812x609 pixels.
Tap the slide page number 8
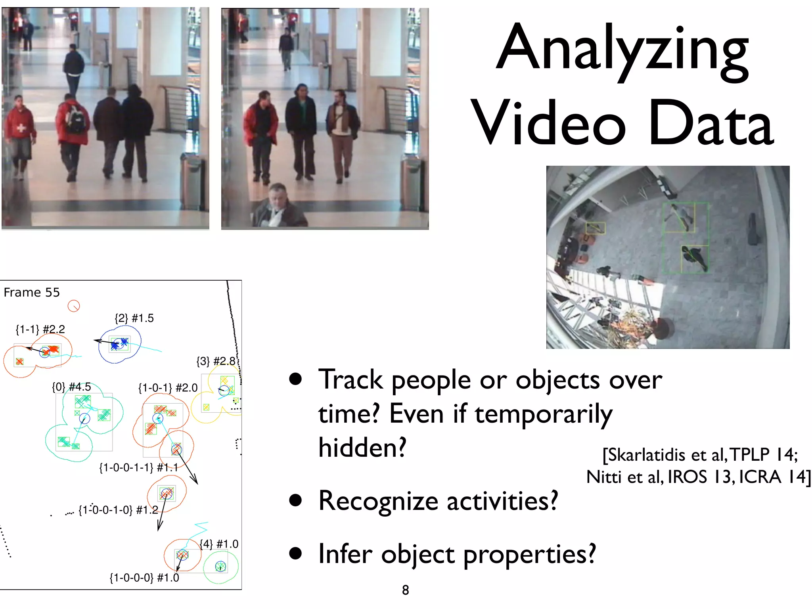coord(405,590)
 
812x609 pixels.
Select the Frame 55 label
coord(32,293)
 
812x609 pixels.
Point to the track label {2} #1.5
coord(134,318)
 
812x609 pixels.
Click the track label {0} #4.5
coord(71,387)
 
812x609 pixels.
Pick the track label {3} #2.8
coord(216,361)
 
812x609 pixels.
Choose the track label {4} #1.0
coord(219,544)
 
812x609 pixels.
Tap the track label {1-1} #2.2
coord(40,329)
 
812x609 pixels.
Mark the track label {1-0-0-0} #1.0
coord(144,578)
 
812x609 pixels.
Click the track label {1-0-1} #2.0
coord(168,388)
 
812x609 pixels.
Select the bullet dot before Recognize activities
coord(295,500)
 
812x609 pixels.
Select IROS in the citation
coord(687,477)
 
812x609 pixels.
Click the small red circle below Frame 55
coord(74,306)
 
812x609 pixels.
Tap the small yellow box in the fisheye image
coord(596,228)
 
